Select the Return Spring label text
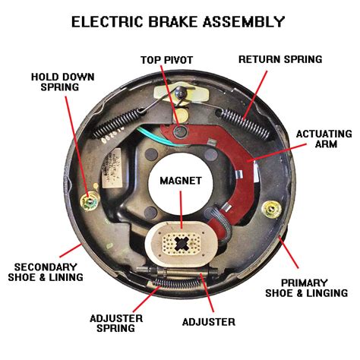tap(280, 58)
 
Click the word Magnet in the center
tap(180, 182)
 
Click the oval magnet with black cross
tap(180, 244)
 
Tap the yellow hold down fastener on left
tap(89, 201)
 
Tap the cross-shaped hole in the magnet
tap(180, 244)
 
